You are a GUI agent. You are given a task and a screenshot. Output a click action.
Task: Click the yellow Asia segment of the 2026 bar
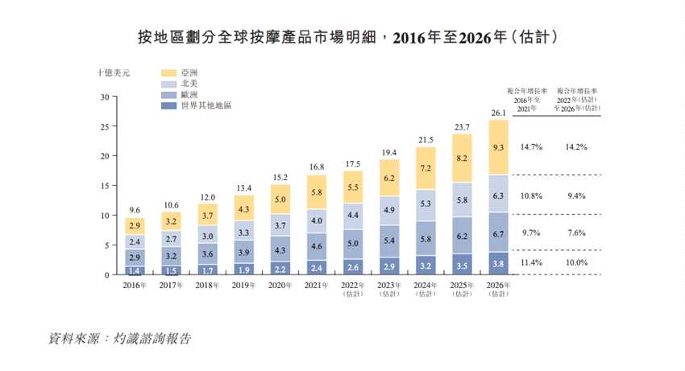pos(499,147)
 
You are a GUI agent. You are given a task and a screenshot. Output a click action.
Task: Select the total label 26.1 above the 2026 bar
pos(499,113)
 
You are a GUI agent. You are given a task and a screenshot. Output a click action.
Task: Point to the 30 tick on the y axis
pos(105,97)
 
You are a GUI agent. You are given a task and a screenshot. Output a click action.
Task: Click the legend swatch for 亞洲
pos(169,72)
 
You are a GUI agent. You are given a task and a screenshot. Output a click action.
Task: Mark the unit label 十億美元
pos(114,72)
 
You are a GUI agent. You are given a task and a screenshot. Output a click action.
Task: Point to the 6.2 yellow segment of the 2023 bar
pos(390,178)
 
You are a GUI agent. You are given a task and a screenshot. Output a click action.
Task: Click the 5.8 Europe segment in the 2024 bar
pos(426,239)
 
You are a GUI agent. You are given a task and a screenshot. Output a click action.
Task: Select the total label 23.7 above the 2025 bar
pos(463,127)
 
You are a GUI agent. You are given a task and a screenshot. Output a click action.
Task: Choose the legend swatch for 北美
pos(169,84)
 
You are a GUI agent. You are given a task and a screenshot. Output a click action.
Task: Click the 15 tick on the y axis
pos(105,186)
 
